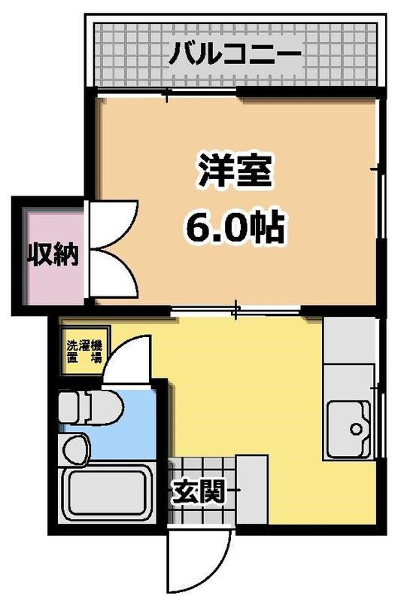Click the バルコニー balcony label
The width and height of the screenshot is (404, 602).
click(234, 54)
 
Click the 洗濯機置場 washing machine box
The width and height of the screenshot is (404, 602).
click(84, 350)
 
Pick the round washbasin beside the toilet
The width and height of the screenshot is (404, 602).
click(76, 450)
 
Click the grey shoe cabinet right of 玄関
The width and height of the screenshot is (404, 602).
click(251, 491)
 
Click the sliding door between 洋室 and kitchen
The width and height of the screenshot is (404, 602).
click(236, 308)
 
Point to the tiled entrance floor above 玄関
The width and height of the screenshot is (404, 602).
click(202, 467)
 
